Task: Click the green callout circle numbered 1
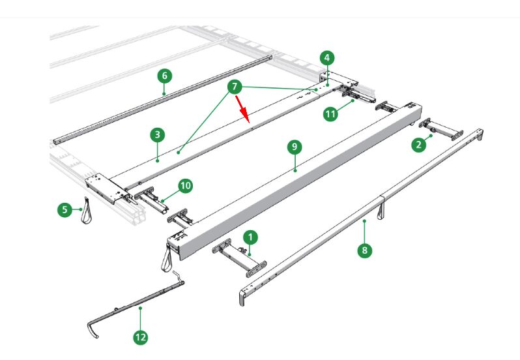click(252, 237)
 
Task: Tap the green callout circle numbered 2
click(419, 145)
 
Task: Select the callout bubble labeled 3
click(156, 135)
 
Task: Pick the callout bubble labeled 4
click(326, 57)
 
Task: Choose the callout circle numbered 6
click(164, 76)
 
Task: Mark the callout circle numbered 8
click(364, 249)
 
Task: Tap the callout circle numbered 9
click(295, 147)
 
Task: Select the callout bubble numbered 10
click(186, 186)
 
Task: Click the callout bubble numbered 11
click(331, 113)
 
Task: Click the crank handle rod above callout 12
click(140, 306)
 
